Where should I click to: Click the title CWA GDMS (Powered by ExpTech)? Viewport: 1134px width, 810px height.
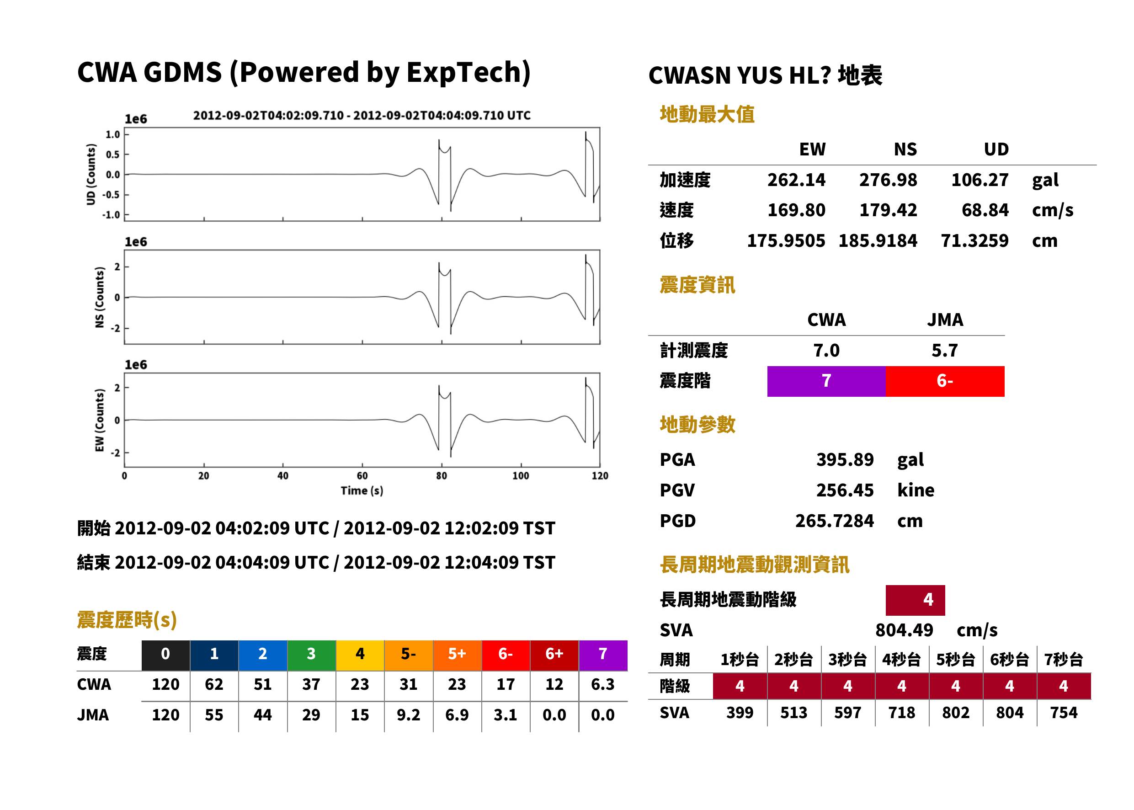pyautogui.click(x=303, y=72)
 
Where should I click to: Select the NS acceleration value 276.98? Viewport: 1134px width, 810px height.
pyautogui.click(x=888, y=180)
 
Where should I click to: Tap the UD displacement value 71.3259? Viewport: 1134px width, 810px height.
pyautogui.click(x=974, y=240)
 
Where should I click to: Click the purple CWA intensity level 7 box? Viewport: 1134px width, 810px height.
pyautogui.click(x=826, y=381)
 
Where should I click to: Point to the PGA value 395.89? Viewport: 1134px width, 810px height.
pyautogui.click(x=845, y=459)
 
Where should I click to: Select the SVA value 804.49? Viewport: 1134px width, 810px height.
pyautogui.click(x=904, y=630)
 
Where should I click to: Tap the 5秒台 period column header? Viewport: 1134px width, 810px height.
pyautogui.click(x=955, y=659)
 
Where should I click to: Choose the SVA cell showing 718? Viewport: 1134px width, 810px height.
pyautogui.click(x=902, y=712)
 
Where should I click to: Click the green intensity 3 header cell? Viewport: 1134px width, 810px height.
pyautogui.click(x=311, y=654)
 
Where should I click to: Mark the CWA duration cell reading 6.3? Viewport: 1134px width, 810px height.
pyautogui.click(x=602, y=684)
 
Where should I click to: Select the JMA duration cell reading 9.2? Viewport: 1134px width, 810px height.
pyautogui.click(x=409, y=715)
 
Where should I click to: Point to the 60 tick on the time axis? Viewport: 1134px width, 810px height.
pyautogui.click(x=362, y=476)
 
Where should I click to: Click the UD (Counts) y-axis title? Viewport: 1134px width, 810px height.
pyautogui.click(x=91, y=174)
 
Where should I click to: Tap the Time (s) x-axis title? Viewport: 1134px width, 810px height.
pyautogui.click(x=362, y=491)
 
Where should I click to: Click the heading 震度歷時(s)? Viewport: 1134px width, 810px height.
pyautogui.click(x=127, y=619)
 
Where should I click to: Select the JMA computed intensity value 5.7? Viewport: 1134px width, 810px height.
pyautogui.click(x=944, y=350)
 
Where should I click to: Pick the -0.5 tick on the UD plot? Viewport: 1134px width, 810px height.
pyautogui.click(x=111, y=195)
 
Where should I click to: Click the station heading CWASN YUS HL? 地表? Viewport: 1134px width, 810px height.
pyautogui.click(x=766, y=75)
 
